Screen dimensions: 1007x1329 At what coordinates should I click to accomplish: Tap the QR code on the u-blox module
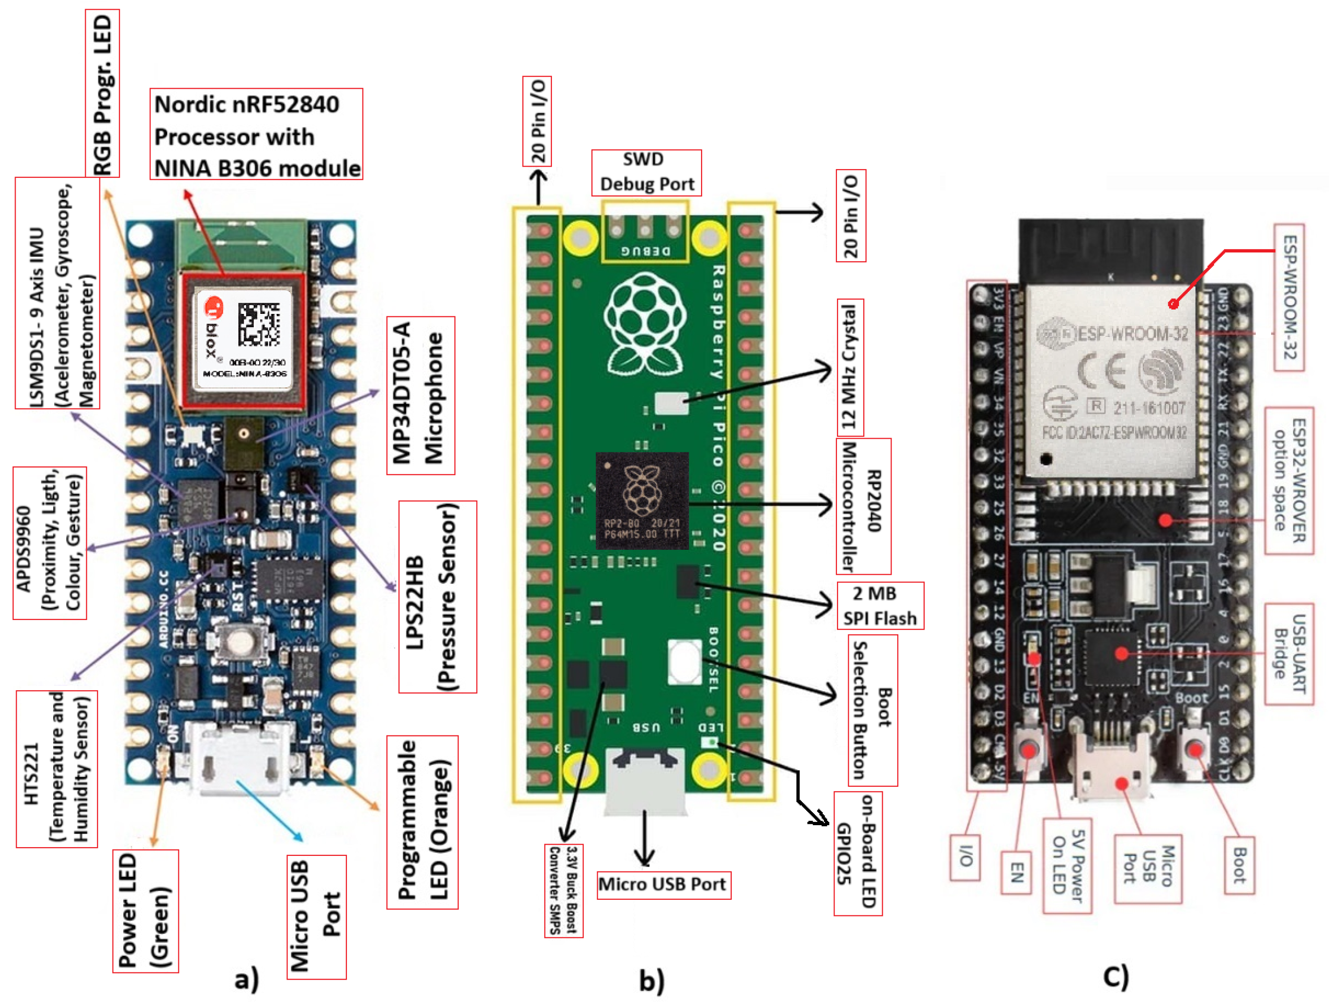(258, 325)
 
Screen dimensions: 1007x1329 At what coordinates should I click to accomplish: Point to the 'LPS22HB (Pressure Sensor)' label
(437, 597)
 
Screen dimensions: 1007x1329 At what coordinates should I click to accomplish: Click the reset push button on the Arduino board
(240, 641)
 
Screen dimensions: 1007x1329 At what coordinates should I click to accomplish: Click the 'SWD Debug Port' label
(646, 173)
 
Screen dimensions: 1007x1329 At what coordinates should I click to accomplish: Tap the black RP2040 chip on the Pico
(642, 501)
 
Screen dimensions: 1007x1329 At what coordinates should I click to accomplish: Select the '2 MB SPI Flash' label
(880, 605)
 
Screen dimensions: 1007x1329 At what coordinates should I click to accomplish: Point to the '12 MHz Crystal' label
(850, 367)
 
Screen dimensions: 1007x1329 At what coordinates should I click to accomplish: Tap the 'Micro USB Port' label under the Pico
(664, 884)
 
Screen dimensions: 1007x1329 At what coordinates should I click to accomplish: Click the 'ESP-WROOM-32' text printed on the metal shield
(1133, 334)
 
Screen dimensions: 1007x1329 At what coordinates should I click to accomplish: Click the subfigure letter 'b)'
(651, 981)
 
